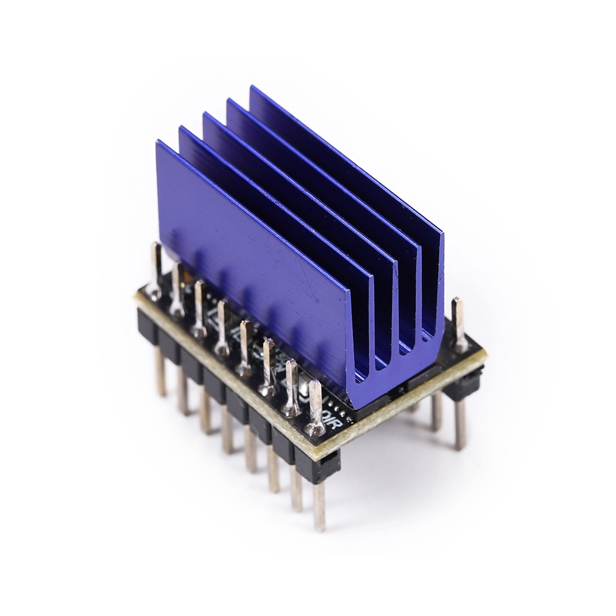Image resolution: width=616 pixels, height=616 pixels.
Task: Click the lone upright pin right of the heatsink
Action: click(x=459, y=320)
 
